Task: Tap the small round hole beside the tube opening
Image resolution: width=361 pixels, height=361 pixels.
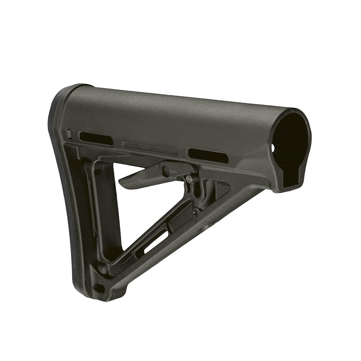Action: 273,148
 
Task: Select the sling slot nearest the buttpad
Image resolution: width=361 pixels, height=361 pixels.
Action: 96,138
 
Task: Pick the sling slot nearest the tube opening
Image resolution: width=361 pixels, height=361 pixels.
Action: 208,155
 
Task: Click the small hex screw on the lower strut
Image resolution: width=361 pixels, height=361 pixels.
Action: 195,213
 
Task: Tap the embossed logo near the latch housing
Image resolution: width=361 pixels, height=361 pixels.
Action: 222,184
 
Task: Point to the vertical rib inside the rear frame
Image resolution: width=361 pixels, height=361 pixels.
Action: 90,202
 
